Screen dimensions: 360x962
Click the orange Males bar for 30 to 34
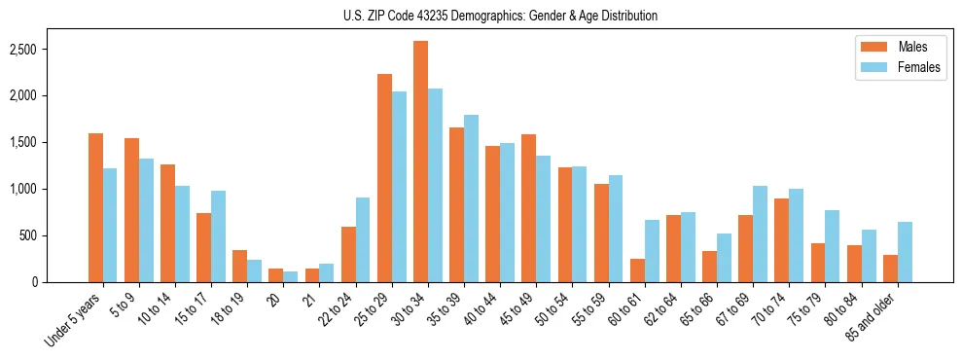tap(420, 162)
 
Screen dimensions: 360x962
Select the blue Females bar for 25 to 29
tap(399, 187)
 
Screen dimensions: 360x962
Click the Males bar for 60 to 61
tap(636, 270)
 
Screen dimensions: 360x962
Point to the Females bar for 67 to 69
tap(761, 234)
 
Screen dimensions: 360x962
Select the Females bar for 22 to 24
tap(363, 239)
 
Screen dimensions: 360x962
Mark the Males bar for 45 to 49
tap(528, 208)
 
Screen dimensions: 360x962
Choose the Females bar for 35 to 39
tap(471, 198)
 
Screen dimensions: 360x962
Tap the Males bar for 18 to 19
tap(239, 266)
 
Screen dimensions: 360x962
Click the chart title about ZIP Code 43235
tap(500, 16)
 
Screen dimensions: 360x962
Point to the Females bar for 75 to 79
tap(833, 246)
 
